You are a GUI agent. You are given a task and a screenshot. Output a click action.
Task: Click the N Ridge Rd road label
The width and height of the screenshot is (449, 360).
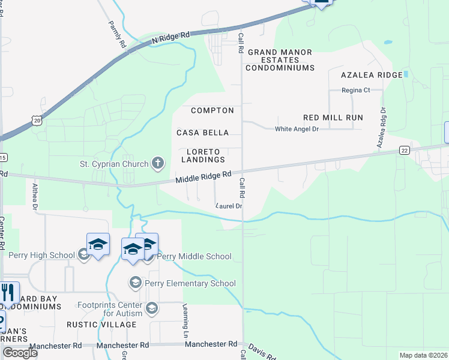click(x=170, y=37)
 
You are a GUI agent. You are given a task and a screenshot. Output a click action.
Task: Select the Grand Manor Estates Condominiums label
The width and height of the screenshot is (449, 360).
click(x=281, y=60)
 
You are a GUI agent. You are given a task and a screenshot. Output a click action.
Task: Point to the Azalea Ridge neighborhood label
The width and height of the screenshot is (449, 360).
click(x=371, y=75)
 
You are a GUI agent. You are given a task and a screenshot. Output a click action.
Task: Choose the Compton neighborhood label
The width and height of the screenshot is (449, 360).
click(x=212, y=111)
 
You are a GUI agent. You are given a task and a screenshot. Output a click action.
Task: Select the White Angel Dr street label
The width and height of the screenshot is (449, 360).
click(x=297, y=129)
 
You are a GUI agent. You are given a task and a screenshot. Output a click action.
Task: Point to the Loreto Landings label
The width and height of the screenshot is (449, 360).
click(x=205, y=155)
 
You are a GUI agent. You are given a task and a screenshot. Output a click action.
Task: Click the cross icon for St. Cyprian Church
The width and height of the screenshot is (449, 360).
click(x=158, y=163)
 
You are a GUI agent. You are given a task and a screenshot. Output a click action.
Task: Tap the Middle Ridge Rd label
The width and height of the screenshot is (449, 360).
click(x=203, y=178)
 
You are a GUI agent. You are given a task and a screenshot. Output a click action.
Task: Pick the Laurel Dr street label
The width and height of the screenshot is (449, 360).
click(x=229, y=206)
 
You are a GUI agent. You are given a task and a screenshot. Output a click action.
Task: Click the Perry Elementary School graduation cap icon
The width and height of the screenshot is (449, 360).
click(x=136, y=283)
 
